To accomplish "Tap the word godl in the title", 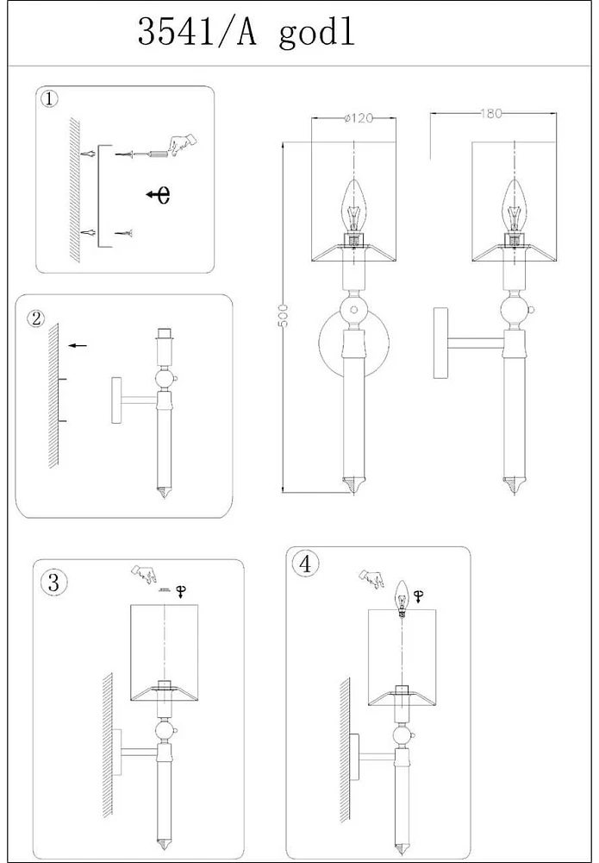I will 317,35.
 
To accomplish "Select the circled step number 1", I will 49,98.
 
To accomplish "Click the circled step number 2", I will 35,318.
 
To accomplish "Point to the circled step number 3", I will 53,583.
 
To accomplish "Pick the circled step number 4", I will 305,565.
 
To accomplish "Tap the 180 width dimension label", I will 493,114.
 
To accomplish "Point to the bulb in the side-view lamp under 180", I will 515,205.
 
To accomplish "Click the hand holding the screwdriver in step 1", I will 182,143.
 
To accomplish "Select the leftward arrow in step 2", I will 78,345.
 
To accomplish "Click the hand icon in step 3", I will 145,574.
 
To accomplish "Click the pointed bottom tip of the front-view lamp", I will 351,485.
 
